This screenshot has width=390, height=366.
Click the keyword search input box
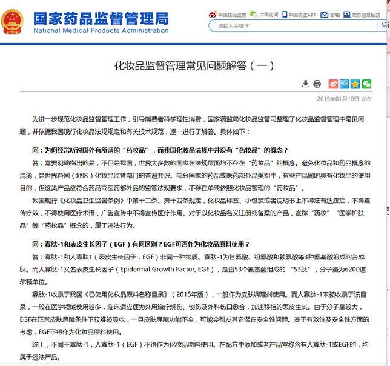(291, 26)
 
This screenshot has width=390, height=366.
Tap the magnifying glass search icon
(384, 26)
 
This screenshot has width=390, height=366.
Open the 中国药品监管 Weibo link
(231, 14)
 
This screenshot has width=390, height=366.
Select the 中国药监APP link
(301, 14)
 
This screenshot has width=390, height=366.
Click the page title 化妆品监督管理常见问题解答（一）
(194, 65)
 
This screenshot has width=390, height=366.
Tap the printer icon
(316, 84)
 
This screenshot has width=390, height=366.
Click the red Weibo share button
(333, 84)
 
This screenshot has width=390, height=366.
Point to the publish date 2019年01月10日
(338, 98)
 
